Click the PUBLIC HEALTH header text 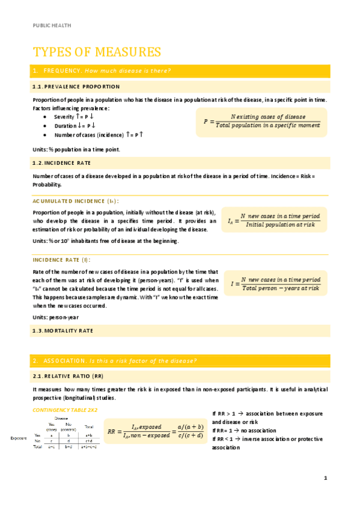51,25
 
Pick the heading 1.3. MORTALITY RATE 63,331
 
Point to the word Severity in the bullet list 64,117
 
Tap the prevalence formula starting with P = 261,120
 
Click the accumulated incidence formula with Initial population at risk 274,220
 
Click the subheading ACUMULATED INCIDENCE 75,201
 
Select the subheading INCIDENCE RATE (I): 61,260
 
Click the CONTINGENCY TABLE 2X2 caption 64,410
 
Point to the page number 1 325,478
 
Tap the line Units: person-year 55,317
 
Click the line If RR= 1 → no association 245,431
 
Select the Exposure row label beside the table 19,438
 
